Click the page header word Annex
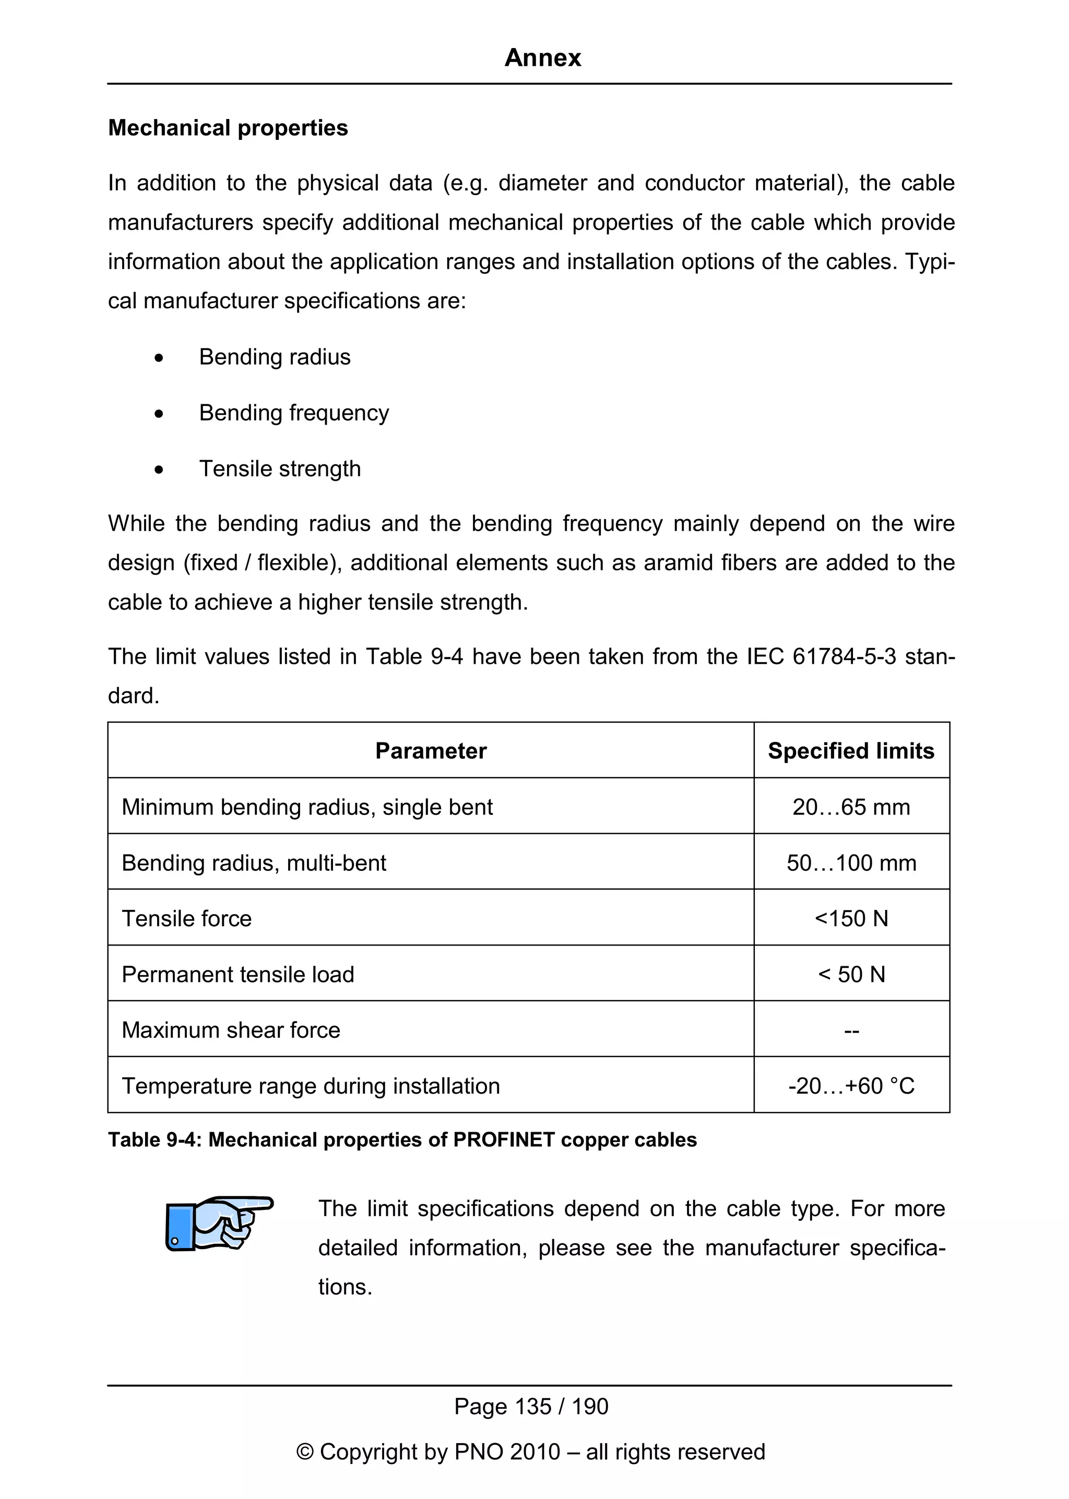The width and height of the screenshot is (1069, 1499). click(542, 58)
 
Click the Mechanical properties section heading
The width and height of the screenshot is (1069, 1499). click(228, 128)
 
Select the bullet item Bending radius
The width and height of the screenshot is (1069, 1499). click(275, 357)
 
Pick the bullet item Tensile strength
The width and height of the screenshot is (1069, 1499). click(280, 469)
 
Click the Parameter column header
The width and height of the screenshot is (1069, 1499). click(431, 751)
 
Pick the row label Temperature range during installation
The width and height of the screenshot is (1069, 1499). click(311, 1086)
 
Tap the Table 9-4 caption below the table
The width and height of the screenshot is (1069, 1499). click(402, 1140)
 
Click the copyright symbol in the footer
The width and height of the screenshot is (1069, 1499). click(305, 1452)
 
